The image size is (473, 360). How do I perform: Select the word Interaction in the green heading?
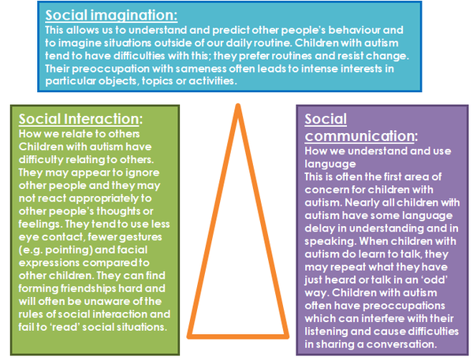(x=101, y=119)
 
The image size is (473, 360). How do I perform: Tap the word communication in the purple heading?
(x=359, y=136)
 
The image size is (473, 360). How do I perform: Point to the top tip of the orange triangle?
(x=238, y=106)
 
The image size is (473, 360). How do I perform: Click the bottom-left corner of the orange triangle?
(x=189, y=336)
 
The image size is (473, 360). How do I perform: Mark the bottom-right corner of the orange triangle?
(x=287, y=336)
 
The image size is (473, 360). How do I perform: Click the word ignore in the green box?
(x=143, y=173)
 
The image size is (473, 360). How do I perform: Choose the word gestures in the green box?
(x=140, y=237)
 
